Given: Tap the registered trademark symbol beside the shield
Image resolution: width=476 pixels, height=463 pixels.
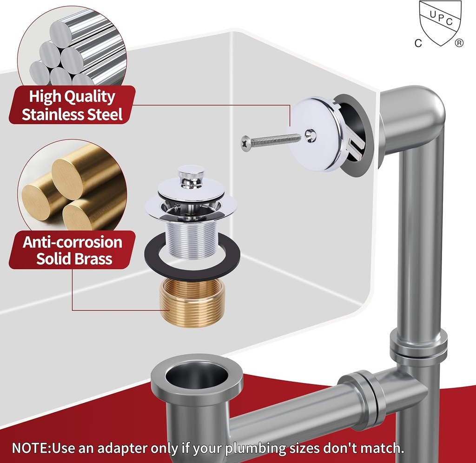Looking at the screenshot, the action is coord(459,43).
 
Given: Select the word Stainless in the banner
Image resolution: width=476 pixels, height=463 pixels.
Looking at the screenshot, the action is coord(53,114).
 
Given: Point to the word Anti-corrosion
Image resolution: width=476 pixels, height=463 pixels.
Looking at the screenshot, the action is coord(72,242).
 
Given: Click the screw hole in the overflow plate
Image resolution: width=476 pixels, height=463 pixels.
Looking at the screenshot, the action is coord(311,135).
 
